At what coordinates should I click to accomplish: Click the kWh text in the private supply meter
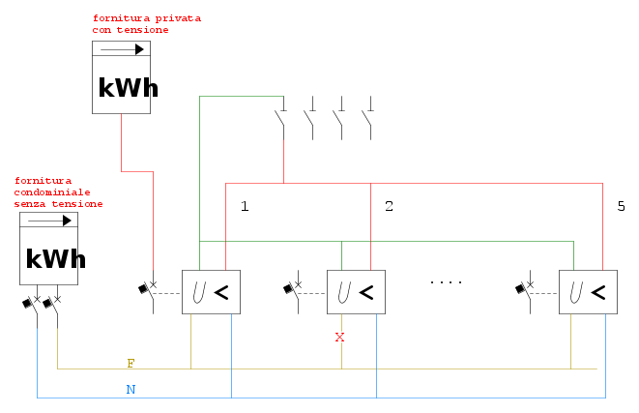click(x=128, y=88)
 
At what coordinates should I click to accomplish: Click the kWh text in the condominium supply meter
click(x=56, y=258)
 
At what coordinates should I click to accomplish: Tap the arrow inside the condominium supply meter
click(x=49, y=221)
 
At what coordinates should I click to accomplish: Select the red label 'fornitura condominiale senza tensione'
click(x=58, y=192)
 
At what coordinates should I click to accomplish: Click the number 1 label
click(x=245, y=206)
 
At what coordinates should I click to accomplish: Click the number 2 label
click(x=389, y=206)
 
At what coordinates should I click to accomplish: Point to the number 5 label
click(x=621, y=206)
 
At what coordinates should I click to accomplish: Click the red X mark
click(x=339, y=338)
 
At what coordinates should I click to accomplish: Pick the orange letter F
click(x=131, y=364)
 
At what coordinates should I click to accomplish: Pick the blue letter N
click(x=131, y=390)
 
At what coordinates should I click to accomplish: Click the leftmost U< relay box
click(x=211, y=292)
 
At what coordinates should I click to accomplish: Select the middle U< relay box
click(x=356, y=292)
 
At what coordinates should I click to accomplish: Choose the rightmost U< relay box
click(x=588, y=292)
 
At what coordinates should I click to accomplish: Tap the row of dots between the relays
click(x=446, y=281)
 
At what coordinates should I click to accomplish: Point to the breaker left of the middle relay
click(x=293, y=289)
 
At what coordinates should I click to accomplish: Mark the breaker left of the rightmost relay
click(x=525, y=289)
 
